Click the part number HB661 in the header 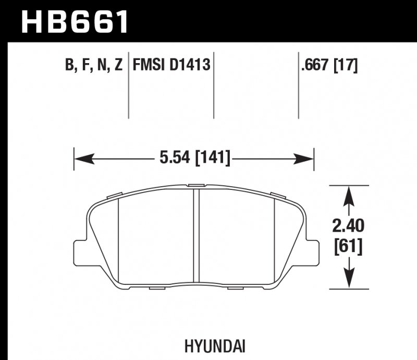coord(73,21)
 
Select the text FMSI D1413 coord(171,66)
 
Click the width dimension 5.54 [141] coord(193,157)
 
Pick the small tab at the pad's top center coord(197,185)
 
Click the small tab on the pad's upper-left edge coord(113,195)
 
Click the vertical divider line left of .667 coord(298,86)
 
